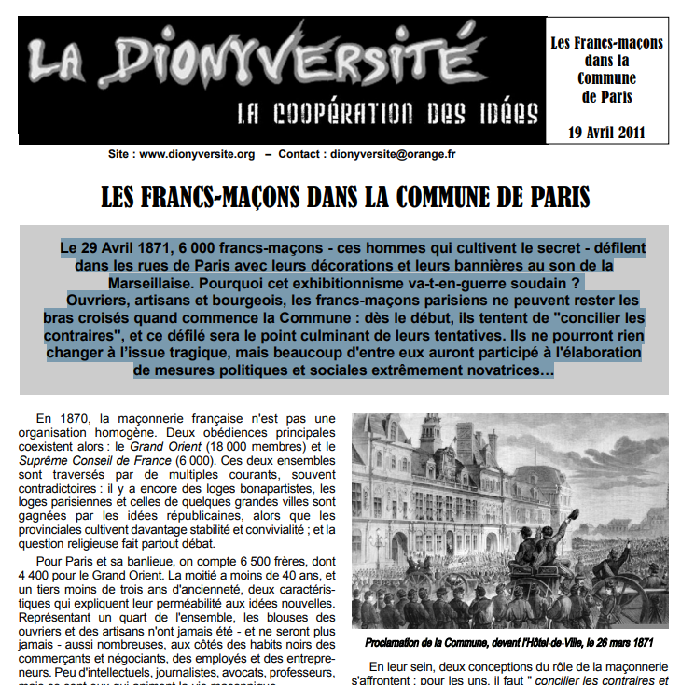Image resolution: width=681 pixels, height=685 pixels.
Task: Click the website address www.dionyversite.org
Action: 197,154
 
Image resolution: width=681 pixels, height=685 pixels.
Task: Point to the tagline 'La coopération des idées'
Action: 387,114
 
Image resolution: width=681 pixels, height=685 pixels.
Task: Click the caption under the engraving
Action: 509,643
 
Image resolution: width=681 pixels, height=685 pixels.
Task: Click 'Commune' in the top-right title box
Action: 606,78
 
